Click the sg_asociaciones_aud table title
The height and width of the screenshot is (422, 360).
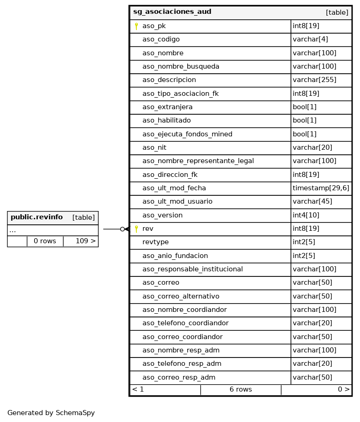[172, 12]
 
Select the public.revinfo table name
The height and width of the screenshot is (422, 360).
[36, 217]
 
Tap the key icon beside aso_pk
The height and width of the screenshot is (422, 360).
[136, 26]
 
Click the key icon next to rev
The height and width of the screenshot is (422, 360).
[136, 229]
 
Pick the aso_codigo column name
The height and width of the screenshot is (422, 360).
[161, 40]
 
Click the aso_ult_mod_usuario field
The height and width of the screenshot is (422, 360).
[177, 202]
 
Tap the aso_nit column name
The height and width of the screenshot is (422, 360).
[154, 148]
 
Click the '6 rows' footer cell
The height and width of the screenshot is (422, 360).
[241, 390]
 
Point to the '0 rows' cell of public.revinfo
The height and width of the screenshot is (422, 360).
[45, 241]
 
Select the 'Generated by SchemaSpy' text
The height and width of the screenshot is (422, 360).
[51, 413]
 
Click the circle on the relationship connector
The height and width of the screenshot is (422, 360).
[123, 229]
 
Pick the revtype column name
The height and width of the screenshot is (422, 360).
[155, 242]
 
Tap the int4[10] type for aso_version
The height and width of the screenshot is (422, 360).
[306, 215]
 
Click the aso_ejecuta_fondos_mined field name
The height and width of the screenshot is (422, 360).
[187, 134]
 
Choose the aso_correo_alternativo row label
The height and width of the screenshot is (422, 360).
[181, 296]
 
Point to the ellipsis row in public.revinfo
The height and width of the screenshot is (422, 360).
[12, 230]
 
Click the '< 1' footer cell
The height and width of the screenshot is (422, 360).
[138, 390]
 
